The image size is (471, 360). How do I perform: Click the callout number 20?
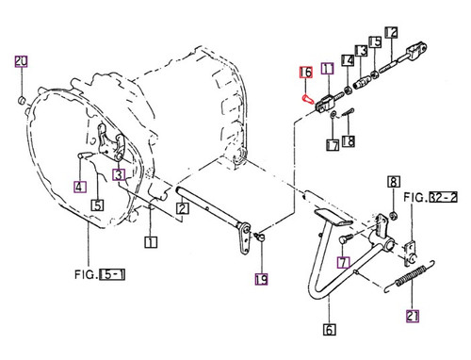pos(21,61)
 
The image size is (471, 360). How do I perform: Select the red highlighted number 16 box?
pos(306,73)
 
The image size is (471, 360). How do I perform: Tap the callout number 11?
pos(327,69)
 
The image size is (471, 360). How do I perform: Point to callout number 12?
pos(391,33)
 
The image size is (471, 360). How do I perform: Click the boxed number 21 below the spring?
pos(413,316)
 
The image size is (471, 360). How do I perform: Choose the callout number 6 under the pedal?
pos(329,330)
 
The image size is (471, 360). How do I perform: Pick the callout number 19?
pos(261,279)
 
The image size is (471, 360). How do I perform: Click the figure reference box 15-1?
pos(112,274)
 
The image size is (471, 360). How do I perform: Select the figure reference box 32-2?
pos(444,197)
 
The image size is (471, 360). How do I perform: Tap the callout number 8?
pos(394,182)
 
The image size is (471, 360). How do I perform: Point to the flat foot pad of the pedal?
pos(333,217)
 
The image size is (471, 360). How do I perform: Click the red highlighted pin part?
pos(308,99)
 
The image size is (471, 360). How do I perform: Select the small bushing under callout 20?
pos(21,101)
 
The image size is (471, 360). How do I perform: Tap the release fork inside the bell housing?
pos(111,142)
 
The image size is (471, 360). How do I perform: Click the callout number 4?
pos(80,187)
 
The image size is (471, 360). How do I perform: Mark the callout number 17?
pos(333,145)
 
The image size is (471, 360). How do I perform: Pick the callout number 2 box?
pos(183,208)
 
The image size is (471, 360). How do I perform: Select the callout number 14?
pos(348,60)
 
